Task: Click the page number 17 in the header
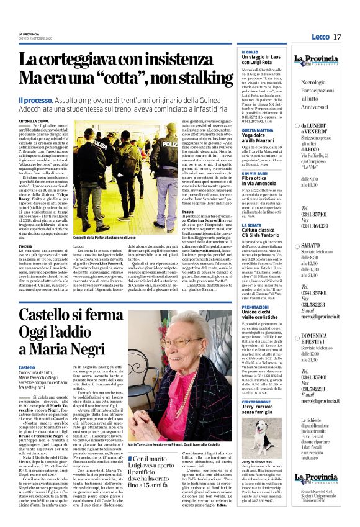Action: click(338, 37)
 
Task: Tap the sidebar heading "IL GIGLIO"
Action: click(250, 52)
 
